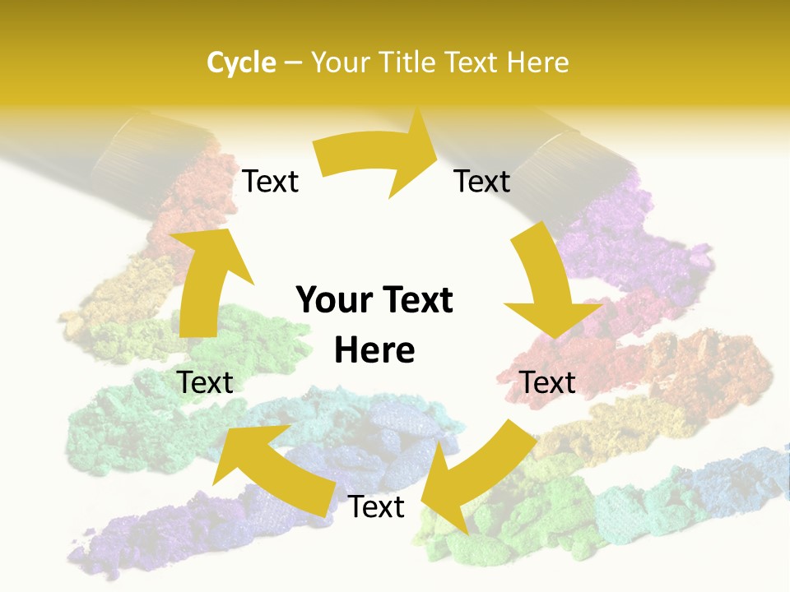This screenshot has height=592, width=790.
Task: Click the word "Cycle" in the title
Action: [241, 62]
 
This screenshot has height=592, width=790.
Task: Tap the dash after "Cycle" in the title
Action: [292, 63]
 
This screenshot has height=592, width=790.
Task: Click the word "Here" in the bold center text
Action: [374, 350]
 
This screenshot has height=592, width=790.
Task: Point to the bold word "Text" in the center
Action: [416, 300]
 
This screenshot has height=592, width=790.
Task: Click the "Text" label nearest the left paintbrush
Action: [271, 182]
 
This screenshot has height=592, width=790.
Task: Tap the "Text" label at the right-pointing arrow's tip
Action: [482, 181]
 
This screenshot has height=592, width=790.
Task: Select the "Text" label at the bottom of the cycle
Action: [376, 507]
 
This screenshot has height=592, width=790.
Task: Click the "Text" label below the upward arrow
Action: [206, 382]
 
